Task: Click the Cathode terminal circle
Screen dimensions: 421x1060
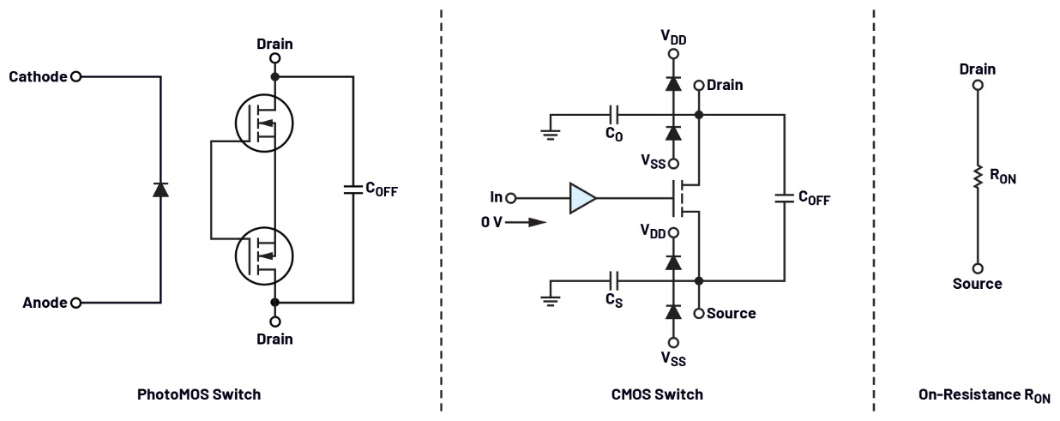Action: pyautogui.click(x=75, y=76)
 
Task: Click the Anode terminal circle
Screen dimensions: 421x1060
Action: pyautogui.click(x=75, y=303)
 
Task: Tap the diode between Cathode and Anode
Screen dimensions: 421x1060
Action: pyautogui.click(x=160, y=189)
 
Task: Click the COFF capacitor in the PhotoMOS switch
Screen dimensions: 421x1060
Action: pyautogui.click(x=352, y=189)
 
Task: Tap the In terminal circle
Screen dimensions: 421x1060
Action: pyautogui.click(x=512, y=198)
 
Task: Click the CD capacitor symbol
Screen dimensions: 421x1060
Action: pyautogui.click(x=614, y=114)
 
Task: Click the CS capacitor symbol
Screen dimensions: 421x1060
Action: pyautogui.click(x=614, y=280)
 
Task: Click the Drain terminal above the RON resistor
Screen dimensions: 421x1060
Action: pyautogui.click(x=977, y=86)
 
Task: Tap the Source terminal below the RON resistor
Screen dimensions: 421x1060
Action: pyautogui.click(x=977, y=268)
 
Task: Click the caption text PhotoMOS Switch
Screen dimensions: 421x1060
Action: pyautogui.click(x=199, y=394)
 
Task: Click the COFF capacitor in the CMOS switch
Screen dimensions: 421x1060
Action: pyautogui.click(x=783, y=198)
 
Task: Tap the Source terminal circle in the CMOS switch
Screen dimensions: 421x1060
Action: pyautogui.click(x=699, y=313)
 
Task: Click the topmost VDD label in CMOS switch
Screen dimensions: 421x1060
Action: pyautogui.click(x=673, y=37)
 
